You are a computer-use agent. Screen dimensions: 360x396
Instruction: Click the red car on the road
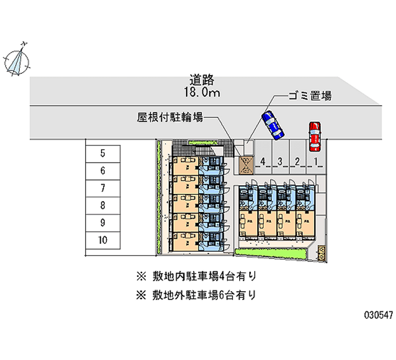coord(314,136)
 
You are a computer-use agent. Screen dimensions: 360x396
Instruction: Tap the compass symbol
coord(17,60)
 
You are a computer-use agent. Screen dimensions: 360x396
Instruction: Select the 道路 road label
coord(201,80)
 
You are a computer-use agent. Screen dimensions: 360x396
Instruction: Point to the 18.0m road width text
coord(201,92)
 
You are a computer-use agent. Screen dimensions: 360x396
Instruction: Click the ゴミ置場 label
coord(310,96)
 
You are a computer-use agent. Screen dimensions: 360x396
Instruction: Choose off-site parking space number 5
coord(102,154)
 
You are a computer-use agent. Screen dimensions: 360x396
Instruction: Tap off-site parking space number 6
coord(102,171)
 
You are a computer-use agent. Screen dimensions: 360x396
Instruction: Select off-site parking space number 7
coord(102,188)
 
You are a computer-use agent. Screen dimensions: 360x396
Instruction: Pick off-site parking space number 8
coord(102,206)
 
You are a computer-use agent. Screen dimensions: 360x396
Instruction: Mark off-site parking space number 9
coord(102,223)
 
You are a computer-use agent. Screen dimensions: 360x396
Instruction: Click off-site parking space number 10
coord(102,240)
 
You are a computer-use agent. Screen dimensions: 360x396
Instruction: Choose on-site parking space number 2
coord(297,161)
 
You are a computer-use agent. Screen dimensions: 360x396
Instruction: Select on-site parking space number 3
coord(280,161)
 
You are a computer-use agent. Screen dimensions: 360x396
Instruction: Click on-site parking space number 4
coord(263,161)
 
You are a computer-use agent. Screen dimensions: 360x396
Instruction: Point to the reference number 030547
coord(378,315)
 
